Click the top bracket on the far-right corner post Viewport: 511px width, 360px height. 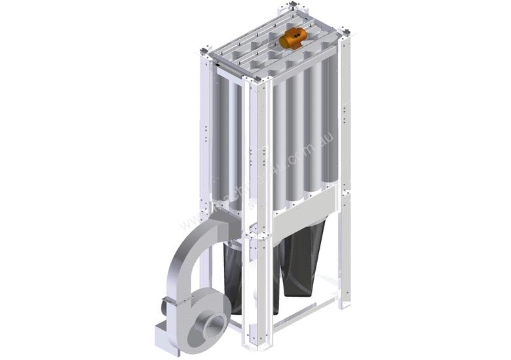click(345, 30)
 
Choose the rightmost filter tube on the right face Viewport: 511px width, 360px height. click(331, 124)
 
